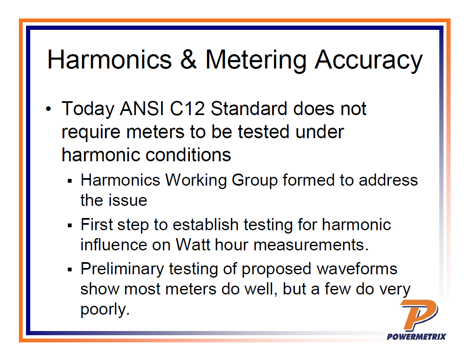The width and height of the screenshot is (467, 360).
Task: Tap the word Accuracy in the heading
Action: coord(368,60)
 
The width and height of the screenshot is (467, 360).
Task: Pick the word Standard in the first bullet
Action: coord(249,109)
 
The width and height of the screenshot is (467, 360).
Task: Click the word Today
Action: coord(88,109)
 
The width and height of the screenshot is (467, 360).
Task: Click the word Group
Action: coord(255,181)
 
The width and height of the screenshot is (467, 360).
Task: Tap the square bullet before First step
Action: coord(70,226)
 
